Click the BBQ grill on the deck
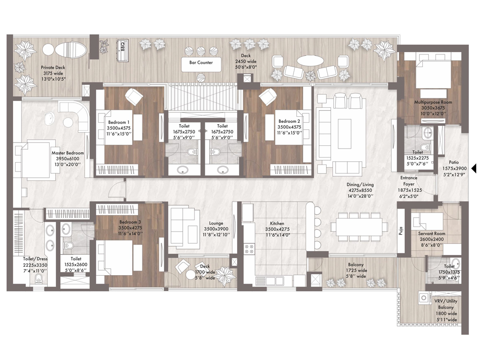[x=123, y=50]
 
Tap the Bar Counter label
[x=201, y=62]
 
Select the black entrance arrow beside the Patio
[x=474, y=168]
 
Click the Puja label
[x=401, y=230]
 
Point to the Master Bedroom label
[x=67, y=153]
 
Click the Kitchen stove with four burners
[x=249, y=249]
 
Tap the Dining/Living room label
[x=360, y=185]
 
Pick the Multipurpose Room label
[x=433, y=102]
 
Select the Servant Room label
[x=432, y=233]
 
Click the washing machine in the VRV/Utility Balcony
[x=424, y=298]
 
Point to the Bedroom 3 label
[x=130, y=222]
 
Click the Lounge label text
[x=216, y=223]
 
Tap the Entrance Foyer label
[x=409, y=181]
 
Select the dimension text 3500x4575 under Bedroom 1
[x=119, y=128]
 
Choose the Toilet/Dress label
[x=35, y=259]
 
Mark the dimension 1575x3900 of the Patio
[x=455, y=168]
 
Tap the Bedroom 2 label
[x=289, y=121]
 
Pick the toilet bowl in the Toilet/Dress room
[x=38, y=278]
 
